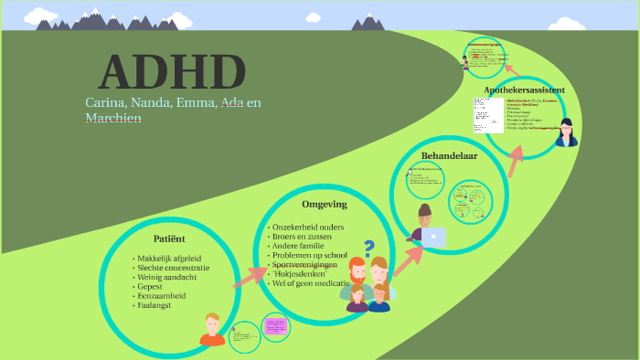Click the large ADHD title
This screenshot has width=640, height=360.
coord(172,72)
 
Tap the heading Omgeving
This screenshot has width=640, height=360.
coord(324,204)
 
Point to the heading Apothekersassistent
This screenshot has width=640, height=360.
coord(524,90)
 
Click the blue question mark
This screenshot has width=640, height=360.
coord(369,248)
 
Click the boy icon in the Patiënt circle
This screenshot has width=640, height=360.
coord(212,329)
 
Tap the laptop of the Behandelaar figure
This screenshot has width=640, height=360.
coord(434,238)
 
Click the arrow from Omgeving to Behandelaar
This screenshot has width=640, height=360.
coord(409,253)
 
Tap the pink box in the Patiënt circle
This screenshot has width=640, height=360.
coord(273,325)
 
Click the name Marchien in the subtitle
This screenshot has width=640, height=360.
coord(112,119)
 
